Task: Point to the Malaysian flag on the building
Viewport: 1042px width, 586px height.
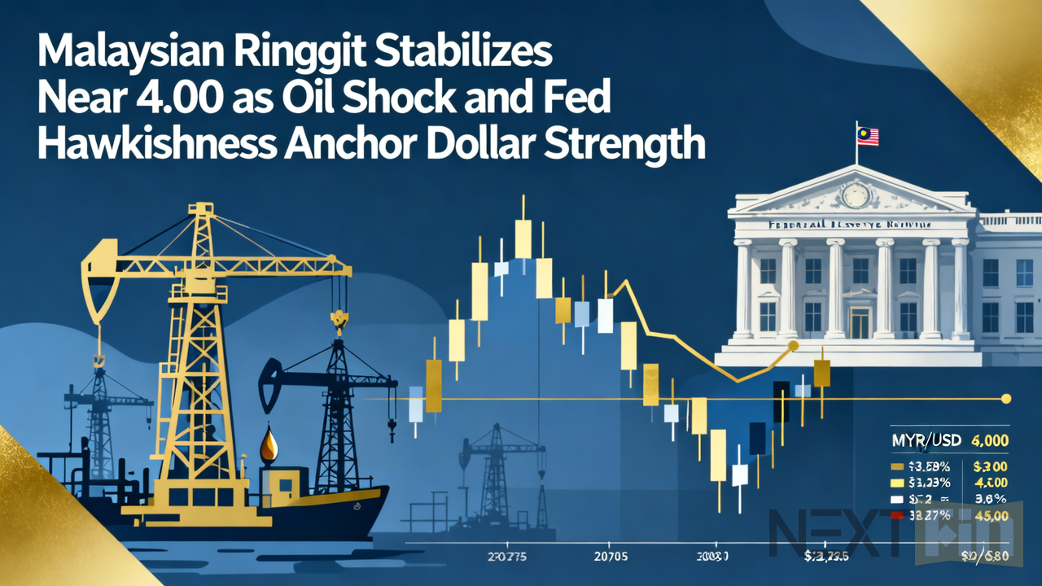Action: pos(868,135)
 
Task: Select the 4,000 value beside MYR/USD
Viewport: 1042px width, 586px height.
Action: pos(991,440)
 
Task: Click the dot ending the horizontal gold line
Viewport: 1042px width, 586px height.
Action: pos(1006,399)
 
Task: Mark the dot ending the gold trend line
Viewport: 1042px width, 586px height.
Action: pos(794,346)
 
